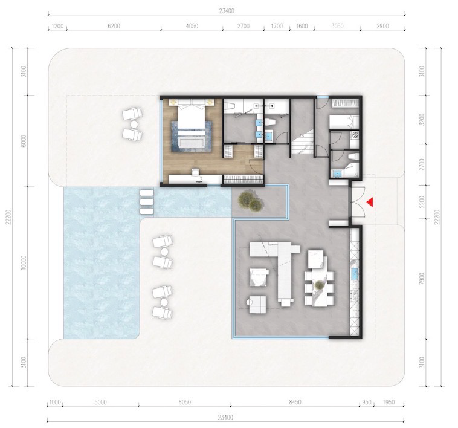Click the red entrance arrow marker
pos(370,202)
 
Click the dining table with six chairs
pos(319,288)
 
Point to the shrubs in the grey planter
pos(250,201)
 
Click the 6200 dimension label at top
pos(114,26)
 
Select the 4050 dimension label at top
pos(192,26)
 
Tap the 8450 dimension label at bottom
pos(295,402)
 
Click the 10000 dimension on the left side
pos(24,262)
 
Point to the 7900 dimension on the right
pos(421,279)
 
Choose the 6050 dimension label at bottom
pos(185,402)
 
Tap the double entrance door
pos(358,202)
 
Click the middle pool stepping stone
pos(147,202)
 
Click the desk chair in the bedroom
pos(195,173)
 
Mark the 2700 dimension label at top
pos(244,26)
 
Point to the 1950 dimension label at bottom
pos(388,402)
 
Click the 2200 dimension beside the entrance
pos(421,202)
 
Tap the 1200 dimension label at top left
pos(57,26)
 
